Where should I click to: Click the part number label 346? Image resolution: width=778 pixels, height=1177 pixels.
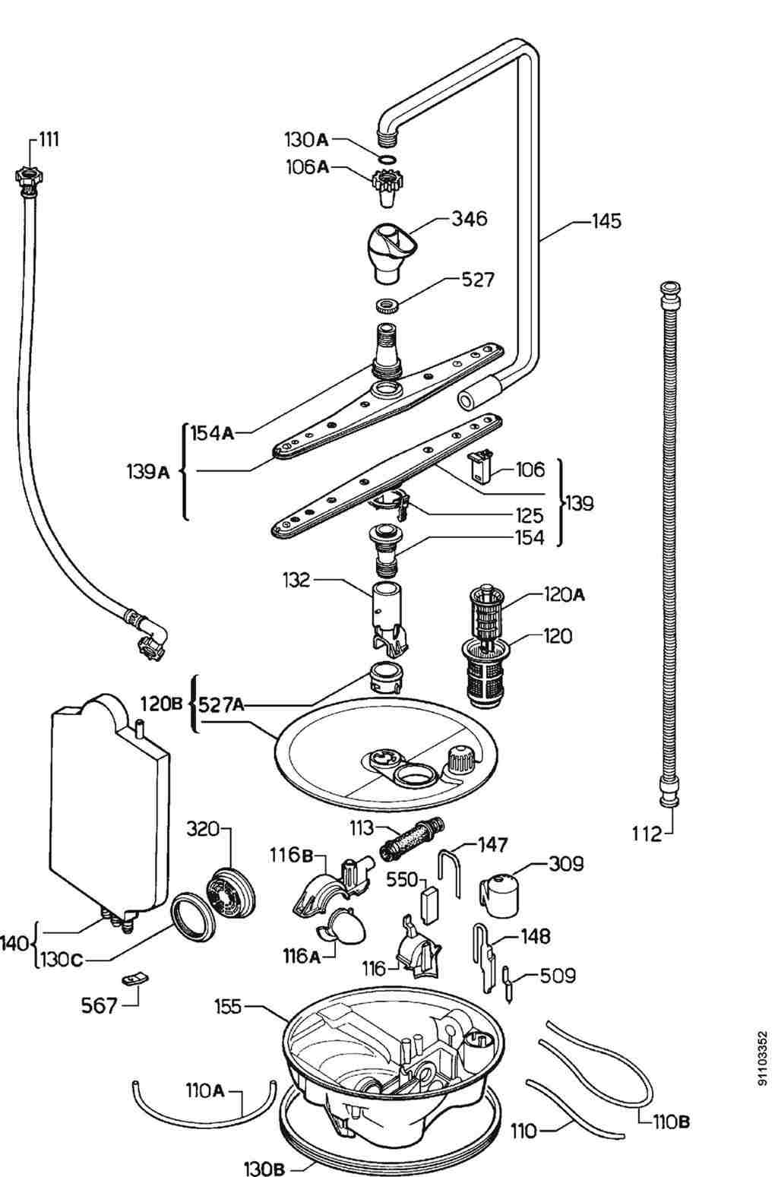click(x=469, y=219)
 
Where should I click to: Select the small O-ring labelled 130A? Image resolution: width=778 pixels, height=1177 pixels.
click(x=387, y=160)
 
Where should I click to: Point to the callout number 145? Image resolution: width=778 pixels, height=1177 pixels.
click(x=606, y=221)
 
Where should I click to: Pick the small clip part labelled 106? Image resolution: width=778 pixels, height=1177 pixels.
click(x=479, y=464)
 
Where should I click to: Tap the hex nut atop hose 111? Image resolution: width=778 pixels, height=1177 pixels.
click(x=27, y=176)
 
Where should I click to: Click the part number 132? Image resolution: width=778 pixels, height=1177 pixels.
click(x=295, y=581)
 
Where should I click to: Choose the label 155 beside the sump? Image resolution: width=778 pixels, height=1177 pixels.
click(x=227, y=1007)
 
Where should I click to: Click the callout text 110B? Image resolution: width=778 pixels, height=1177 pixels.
click(x=672, y=1121)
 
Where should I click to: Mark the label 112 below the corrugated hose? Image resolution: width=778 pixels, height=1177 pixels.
click(x=647, y=834)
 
